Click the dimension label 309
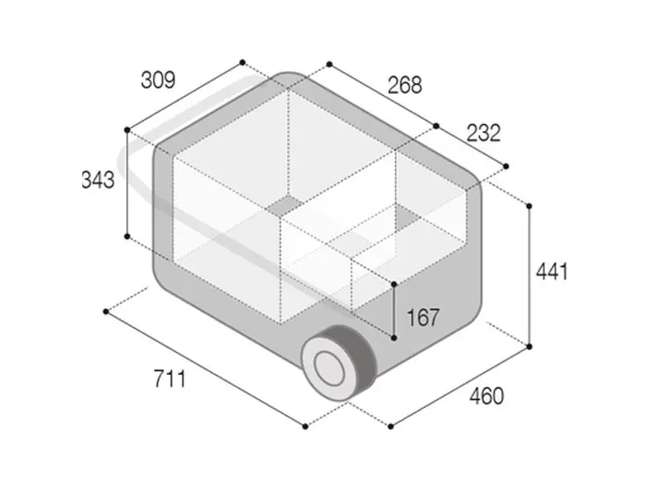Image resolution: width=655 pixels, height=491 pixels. pos(158,79)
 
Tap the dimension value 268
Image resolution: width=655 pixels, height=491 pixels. pos(404,85)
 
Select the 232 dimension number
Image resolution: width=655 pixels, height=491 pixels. pos(483,133)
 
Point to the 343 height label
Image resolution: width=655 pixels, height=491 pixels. pos(97,180)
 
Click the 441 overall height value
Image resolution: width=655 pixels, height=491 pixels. pos(552,272)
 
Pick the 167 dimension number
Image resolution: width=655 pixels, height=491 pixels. pos(422,318)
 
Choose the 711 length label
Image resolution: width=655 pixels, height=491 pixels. pos(169,379)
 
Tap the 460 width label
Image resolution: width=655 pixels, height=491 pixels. pos(486,396)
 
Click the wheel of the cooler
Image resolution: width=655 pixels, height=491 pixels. pos(339,362)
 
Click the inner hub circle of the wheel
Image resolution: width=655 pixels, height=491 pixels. pos(329,367)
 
